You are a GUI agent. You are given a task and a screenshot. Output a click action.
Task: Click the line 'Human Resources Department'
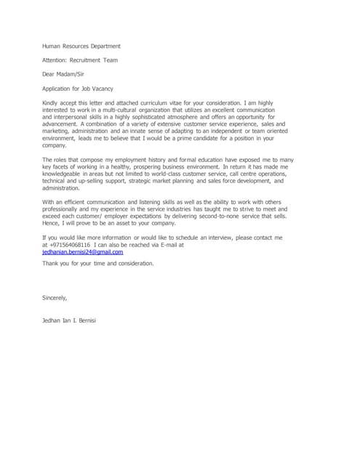(81, 46)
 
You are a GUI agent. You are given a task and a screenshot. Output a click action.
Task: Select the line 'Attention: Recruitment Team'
(80, 60)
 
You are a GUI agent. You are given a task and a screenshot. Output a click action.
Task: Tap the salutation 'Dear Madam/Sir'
(64, 74)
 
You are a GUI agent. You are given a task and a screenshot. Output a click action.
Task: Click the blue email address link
(82, 251)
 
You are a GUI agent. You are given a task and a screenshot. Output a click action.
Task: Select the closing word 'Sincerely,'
(55, 298)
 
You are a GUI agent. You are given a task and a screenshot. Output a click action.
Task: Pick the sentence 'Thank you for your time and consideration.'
(98, 263)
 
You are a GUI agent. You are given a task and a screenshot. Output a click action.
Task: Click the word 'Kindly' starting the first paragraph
(51, 104)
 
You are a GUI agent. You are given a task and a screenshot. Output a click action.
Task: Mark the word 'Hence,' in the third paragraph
(52, 224)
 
